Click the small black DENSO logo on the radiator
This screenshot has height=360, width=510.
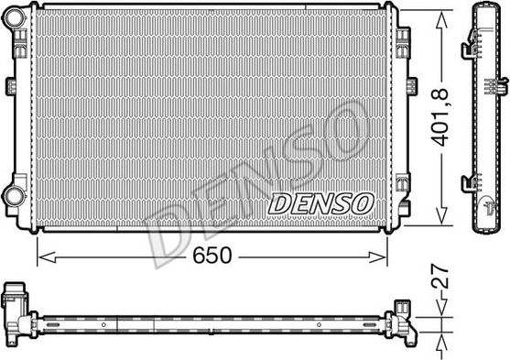coord(320,202)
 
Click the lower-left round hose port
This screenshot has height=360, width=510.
coord(13,194)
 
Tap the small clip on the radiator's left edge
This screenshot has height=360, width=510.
coord(13,86)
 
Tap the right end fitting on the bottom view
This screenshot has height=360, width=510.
coord(403,321)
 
